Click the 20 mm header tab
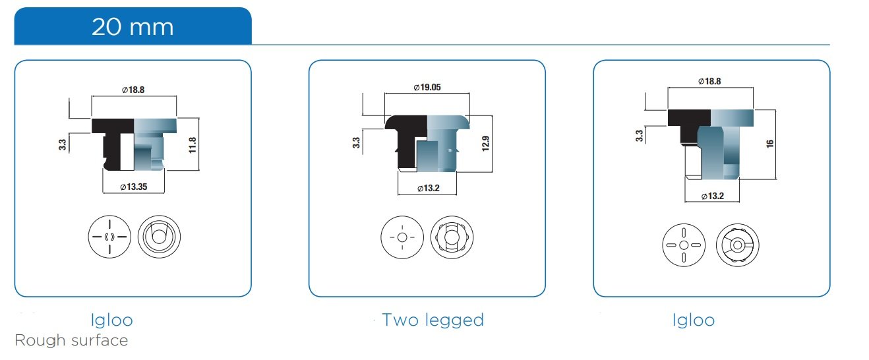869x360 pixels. tap(133, 26)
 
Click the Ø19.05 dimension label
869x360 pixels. tap(427, 88)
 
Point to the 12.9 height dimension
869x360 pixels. tap(485, 144)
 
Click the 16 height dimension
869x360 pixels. tap(769, 143)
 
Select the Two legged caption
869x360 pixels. tap(433, 320)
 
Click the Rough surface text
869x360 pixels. tap(71, 341)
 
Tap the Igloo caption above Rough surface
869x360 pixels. tap(112, 320)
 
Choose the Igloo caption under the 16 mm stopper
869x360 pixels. tap(694, 320)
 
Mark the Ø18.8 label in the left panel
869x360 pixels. tap(134, 90)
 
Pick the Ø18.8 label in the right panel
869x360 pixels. tap(709, 81)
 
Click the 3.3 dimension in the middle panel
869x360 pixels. tap(356, 142)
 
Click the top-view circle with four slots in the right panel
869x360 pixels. tap(683, 245)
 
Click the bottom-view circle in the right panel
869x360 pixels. tap(737, 245)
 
